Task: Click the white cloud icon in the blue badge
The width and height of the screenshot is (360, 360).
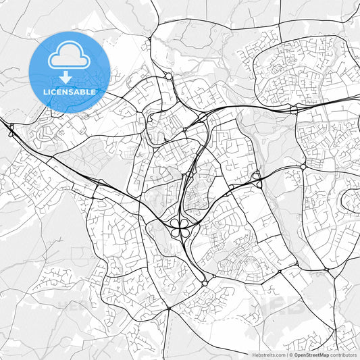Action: click(x=69, y=58)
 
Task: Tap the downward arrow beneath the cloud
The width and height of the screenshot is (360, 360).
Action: click(x=70, y=77)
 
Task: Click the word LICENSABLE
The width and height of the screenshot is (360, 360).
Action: click(x=70, y=92)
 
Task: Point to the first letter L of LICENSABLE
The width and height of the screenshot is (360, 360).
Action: click(x=44, y=92)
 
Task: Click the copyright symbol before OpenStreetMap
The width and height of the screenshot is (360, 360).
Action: click(x=292, y=354)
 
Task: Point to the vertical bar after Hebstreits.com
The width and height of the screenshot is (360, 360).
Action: click(x=287, y=354)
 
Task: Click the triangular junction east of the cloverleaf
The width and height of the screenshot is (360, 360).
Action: click(x=257, y=178)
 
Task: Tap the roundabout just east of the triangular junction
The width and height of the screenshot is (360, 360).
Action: click(x=303, y=166)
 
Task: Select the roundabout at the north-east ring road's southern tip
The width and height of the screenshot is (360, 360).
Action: click(x=293, y=108)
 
